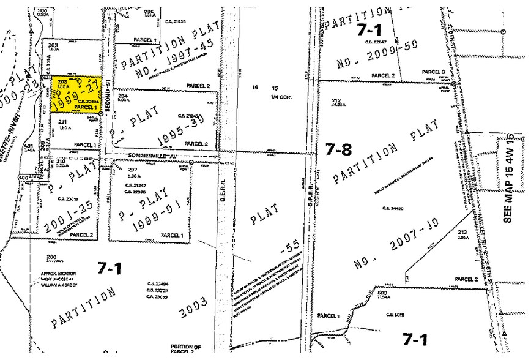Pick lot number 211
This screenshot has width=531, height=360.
62,122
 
